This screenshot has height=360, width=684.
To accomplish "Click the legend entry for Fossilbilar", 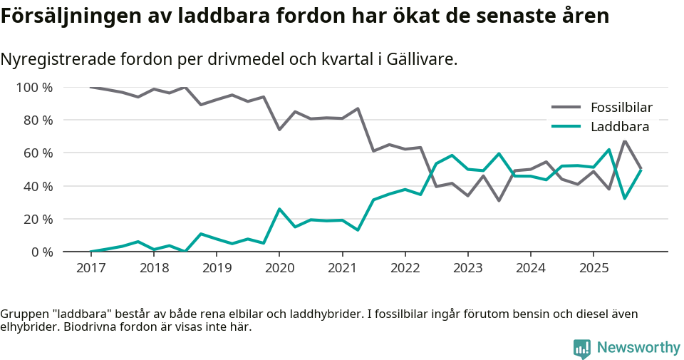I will [x=621, y=108].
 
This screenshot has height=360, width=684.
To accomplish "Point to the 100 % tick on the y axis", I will [x=34, y=88].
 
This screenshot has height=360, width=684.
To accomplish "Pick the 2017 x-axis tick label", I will [x=90, y=268].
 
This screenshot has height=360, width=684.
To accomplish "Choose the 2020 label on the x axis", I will [x=279, y=268].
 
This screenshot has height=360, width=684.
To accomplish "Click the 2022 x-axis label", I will [x=405, y=268].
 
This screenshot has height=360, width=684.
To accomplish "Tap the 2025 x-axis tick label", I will [x=594, y=268].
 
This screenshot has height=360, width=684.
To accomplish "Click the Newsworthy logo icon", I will [x=581, y=348].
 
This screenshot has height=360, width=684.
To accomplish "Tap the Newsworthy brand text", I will [x=638, y=348].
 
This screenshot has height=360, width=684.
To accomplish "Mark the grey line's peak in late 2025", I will [x=625, y=140].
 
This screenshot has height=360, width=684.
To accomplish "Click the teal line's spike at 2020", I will [x=279, y=209].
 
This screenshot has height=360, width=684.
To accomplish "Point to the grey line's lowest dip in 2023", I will [x=499, y=200].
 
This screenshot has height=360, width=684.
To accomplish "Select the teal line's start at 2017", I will [x=90, y=252].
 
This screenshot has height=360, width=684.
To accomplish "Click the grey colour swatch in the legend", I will [x=566, y=108].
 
